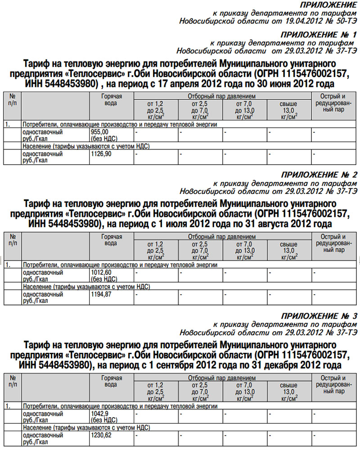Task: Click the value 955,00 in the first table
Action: coord(100,132)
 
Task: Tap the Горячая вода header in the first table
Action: coord(111,100)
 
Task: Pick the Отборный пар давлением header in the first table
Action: coord(222,96)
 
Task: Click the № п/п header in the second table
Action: coord(13,240)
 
